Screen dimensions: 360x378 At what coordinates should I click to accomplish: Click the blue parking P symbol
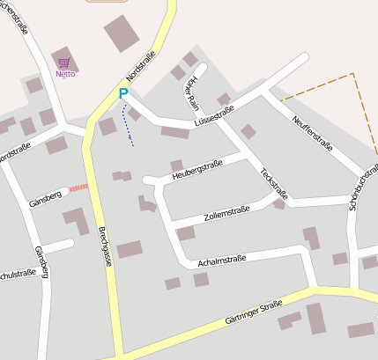(x=123, y=92)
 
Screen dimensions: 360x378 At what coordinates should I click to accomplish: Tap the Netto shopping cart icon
(x=64, y=63)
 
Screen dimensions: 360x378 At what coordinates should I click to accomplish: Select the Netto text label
(x=64, y=74)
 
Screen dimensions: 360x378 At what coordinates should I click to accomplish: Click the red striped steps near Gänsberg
(x=79, y=187)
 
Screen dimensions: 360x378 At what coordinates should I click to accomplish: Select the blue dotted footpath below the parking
(x=130, y=126)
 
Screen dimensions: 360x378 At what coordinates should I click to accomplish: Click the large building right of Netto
(x=122, y=33)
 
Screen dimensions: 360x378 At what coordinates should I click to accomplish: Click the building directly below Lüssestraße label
(x=174, y=132)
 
